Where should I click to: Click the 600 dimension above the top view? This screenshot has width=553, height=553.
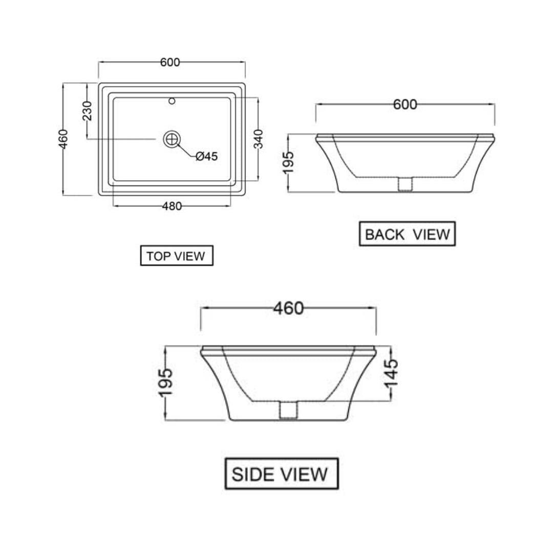(170, 62)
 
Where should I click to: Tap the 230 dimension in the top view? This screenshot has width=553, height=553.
(87, 111)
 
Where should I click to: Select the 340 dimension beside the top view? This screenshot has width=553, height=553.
(259, 139)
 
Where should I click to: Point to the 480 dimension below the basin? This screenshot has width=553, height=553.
(172, 206)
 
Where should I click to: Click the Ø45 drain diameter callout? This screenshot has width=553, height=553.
(207, 156)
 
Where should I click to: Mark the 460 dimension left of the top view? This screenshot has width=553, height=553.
(63, 139)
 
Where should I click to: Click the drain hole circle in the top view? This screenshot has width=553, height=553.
(172, 139)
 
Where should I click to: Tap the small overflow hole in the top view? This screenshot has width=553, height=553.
(172, 101)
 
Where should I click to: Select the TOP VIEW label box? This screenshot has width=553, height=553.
(177, 256)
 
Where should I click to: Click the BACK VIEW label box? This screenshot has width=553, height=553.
(408, 234)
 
